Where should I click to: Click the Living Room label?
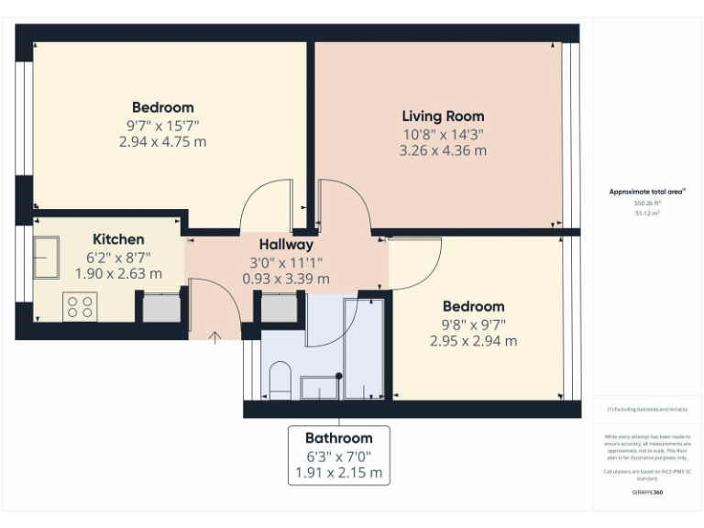tap(443, 116)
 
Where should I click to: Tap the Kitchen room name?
tap(118, 239)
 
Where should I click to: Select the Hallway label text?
tap(286, 245)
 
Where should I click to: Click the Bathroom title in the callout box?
tap(338, 438)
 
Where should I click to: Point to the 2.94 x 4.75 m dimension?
tap(162, 142)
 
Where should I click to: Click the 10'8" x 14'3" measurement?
tap(443, 134)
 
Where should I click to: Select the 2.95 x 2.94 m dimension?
tap(473, 340)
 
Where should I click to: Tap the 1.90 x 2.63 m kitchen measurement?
tap(118, 273)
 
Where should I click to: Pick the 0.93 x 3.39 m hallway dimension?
tap(286, 279)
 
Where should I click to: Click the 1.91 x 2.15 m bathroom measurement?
tap(338, 474)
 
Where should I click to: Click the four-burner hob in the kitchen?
tap(80, 306)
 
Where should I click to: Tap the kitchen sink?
tap(47, 257)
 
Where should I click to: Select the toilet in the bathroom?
tap(281, 379)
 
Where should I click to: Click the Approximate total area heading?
tap(647, 192)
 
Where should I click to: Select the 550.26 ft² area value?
tap(647, 203)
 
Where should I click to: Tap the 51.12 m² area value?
tap(647, 213)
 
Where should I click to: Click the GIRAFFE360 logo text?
tap(647, 492)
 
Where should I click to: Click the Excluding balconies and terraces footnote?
tap(647, 410)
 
